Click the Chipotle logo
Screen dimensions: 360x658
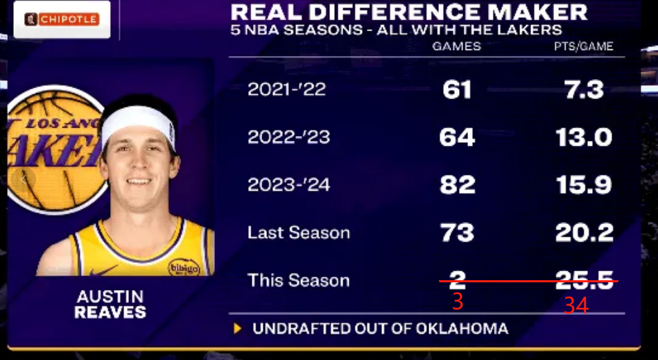point(62,19)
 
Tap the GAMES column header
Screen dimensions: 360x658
point(456,46)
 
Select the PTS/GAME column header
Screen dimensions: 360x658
point(583,46)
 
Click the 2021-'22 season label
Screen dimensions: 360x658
point(286,89)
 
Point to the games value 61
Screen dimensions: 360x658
point(456,89)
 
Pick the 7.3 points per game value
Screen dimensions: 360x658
point(584,89)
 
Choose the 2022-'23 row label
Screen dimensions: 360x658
point(288,137)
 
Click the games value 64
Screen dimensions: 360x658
point(456,137)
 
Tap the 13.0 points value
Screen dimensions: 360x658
point(584,137)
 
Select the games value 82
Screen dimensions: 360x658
point(456,185)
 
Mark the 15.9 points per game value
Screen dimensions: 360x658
point(584,185)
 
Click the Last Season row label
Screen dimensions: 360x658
point(298,233)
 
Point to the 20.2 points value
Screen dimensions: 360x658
point(584,233)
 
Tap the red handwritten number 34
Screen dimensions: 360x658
point(575,305)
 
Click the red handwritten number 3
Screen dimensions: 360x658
point(457,302)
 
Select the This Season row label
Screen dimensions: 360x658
point(298,280)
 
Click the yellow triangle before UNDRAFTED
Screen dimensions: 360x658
point(238,328)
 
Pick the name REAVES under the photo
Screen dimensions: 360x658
point(110,312)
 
